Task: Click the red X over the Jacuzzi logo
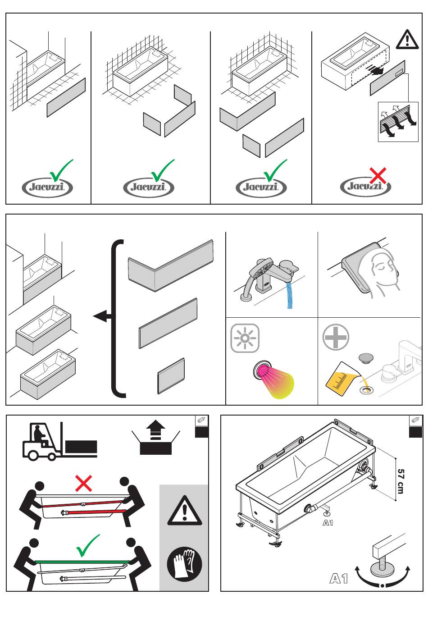click(x=378, y=175)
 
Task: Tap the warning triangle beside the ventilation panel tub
click(x=407, y=40)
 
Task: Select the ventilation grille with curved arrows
click(x=398, y=122)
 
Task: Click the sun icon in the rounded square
click(x=245, y=338)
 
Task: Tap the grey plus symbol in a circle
click(x=336, y=337)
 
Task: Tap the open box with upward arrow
click(x=155, y=438)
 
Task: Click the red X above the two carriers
click(x=84, y=483)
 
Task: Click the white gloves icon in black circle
click(x=184, y=564)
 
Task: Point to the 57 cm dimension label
click(x=401, y=481)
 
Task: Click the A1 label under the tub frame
click(x=328, y=522)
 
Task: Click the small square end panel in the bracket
click(x=171, y=376)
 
